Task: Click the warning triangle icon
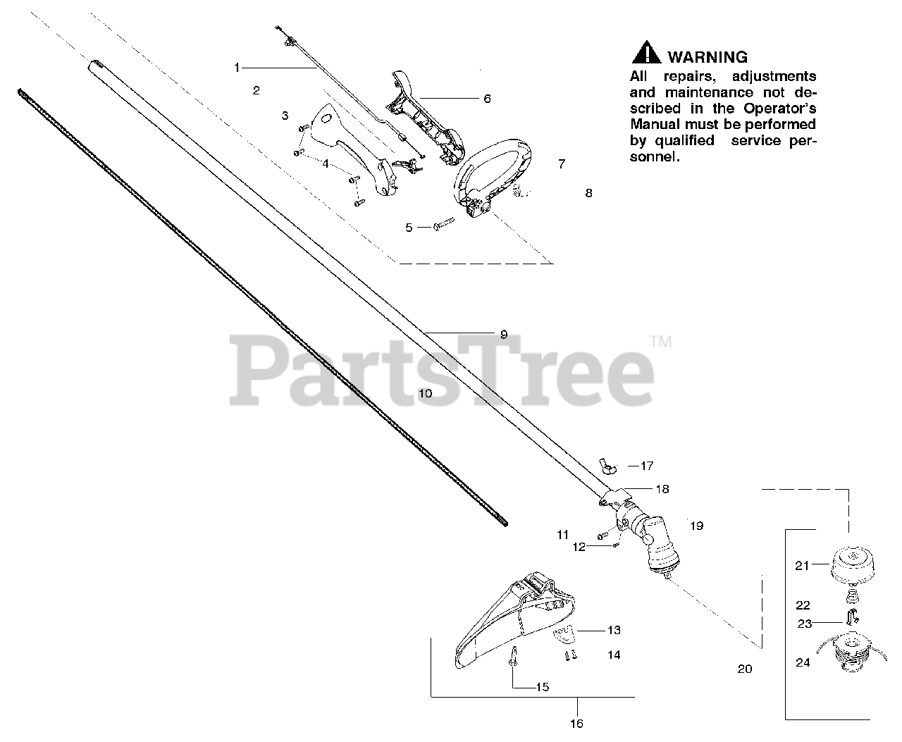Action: [645, 54]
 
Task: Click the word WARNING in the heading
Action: [707, 57]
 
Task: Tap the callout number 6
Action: [487, 99]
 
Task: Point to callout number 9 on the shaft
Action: [503, 335]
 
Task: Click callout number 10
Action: [425, 393]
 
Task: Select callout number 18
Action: [662, 488]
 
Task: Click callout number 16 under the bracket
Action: [577, 723]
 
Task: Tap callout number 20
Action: [744, 669]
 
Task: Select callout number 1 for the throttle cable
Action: [237, 68]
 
